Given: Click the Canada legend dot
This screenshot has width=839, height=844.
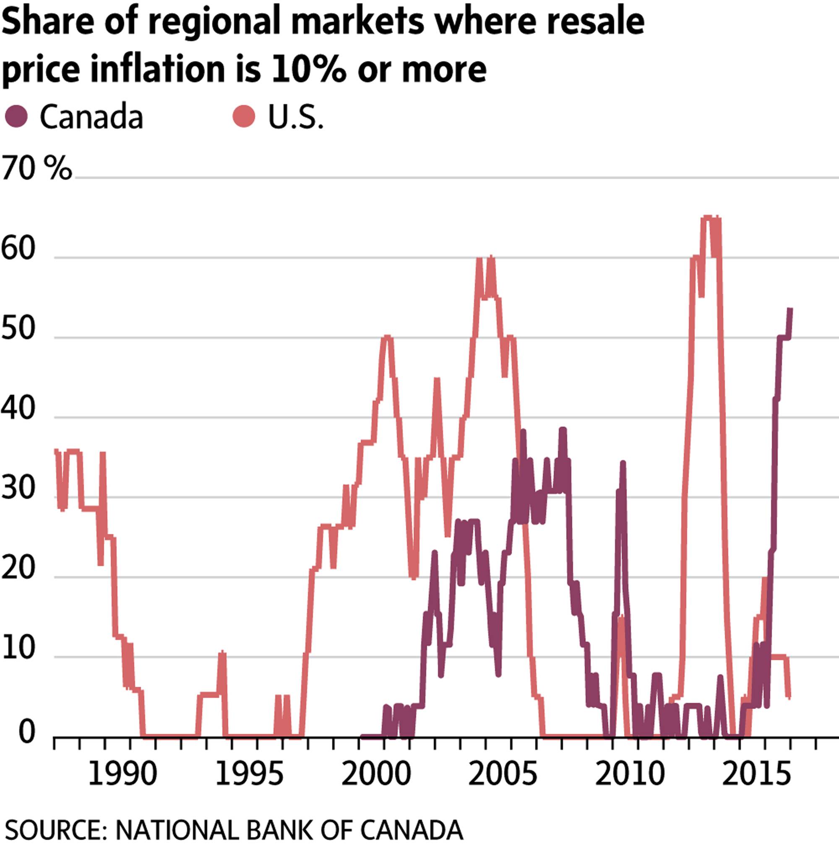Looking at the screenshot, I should point(16,116).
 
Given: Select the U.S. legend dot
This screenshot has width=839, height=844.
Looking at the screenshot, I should point(244,116).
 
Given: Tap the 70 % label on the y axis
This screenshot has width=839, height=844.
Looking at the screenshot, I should point(36,168).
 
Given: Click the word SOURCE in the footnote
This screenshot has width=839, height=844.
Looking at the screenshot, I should point(52,829).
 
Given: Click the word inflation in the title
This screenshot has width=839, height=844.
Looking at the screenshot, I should point(157,68).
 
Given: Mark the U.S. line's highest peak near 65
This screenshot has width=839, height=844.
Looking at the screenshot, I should point(708,217).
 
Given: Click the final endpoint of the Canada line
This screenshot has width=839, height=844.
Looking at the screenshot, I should point(790,309).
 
